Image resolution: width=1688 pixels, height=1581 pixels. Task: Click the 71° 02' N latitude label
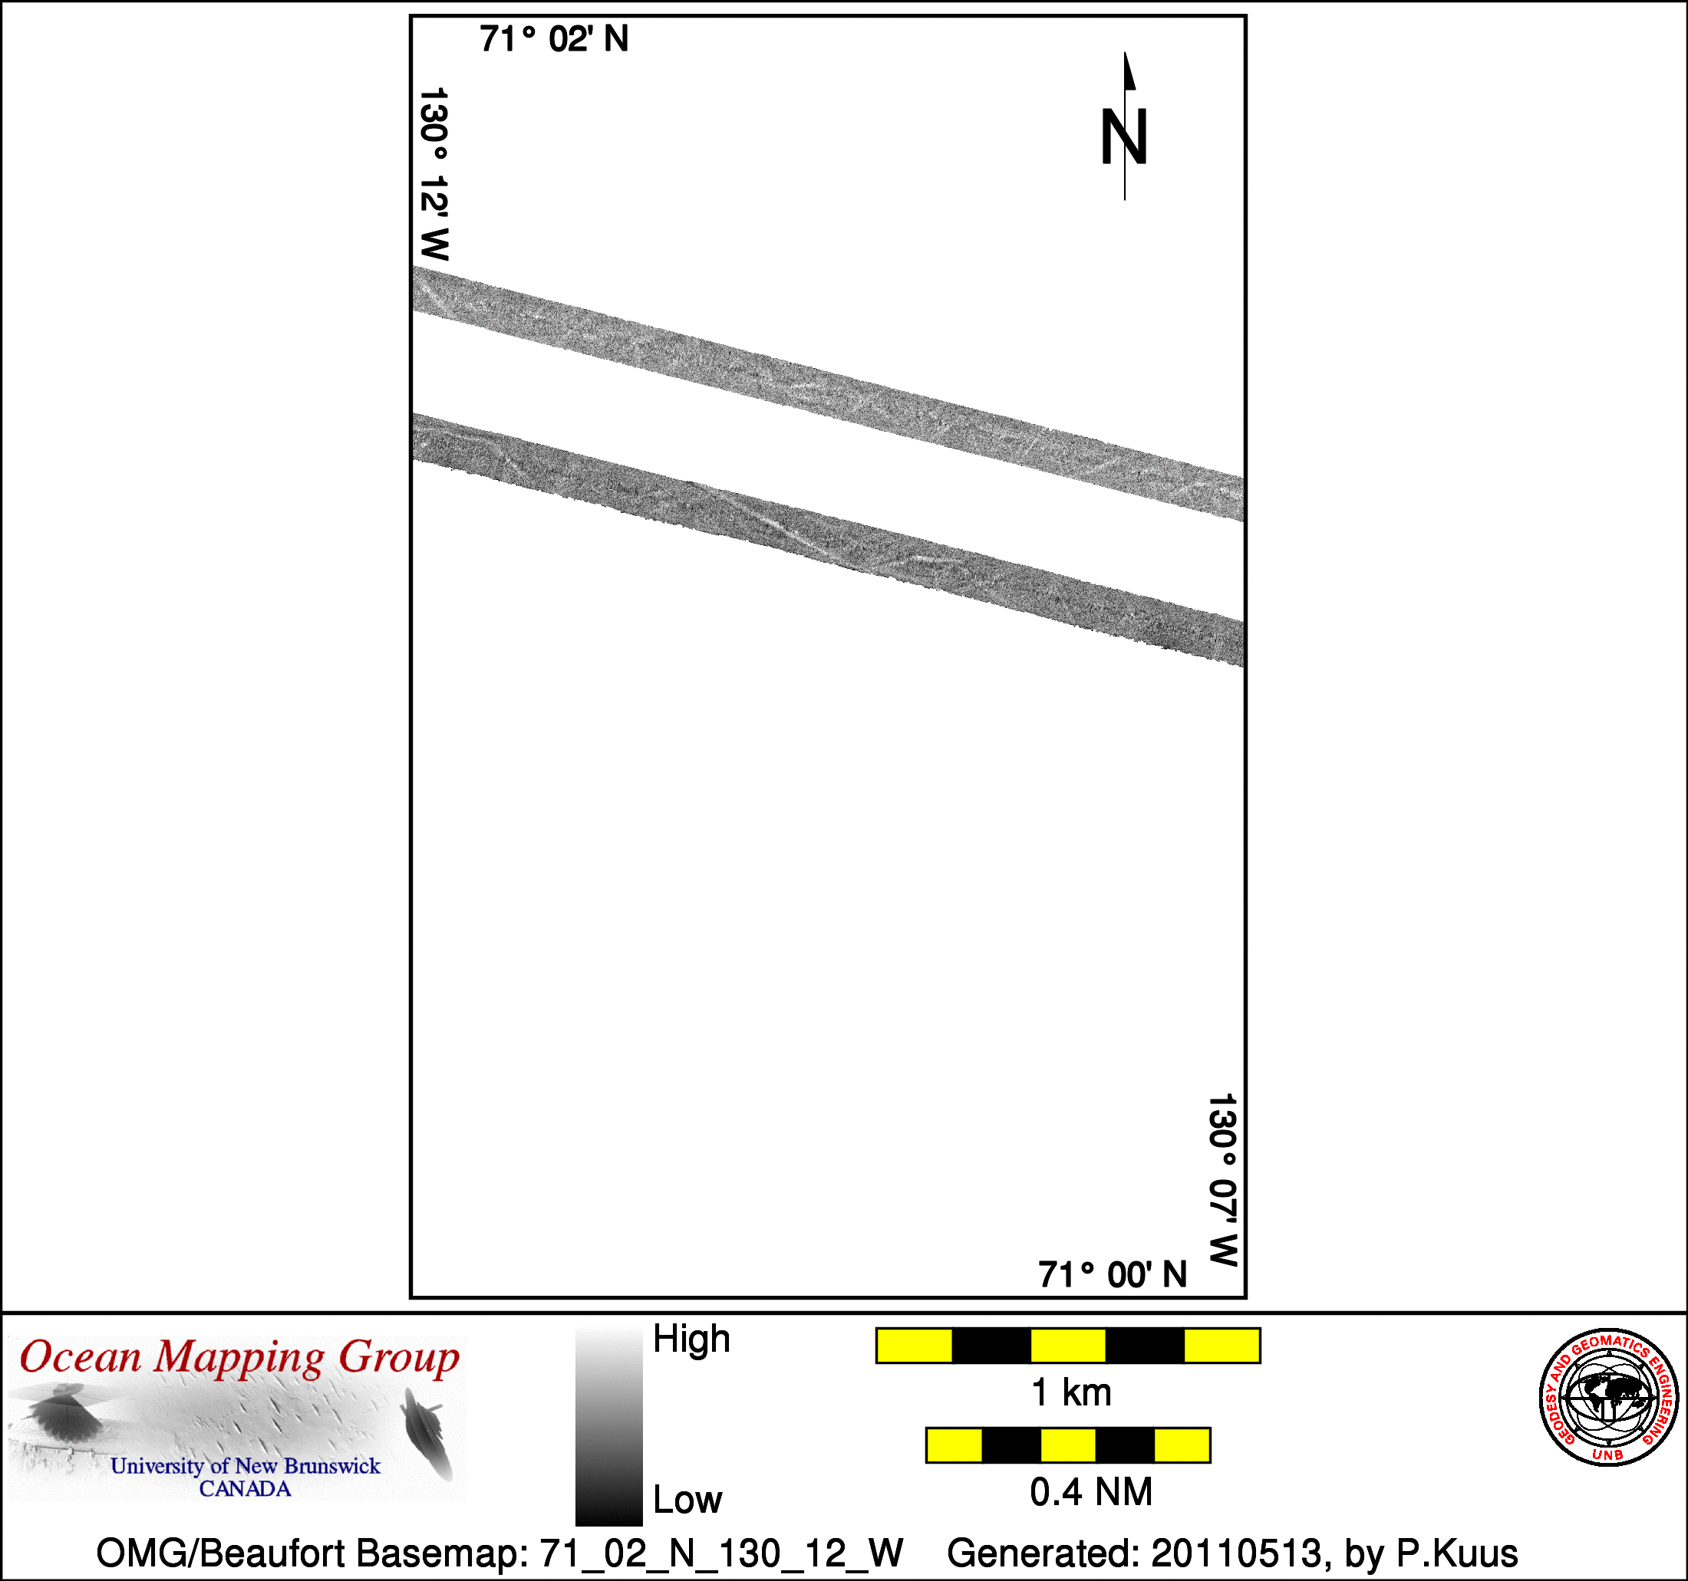(x=554, y=40)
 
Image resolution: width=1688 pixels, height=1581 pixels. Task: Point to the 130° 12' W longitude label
(x=434, y=174)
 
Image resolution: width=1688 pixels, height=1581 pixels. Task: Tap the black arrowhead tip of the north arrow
(x=1125, y=53)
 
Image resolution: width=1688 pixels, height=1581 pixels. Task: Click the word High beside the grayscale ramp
(x=691, y=1339)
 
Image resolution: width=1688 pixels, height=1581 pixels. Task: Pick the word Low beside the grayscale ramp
(x=687, y=1500)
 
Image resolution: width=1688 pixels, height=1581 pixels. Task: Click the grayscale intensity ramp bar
(x=608, y=1427)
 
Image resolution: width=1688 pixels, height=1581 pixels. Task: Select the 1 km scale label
(x=1070, y=1392)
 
